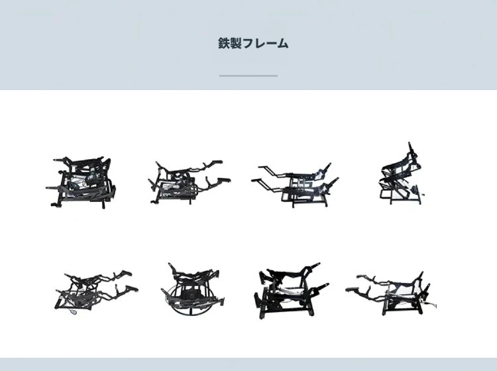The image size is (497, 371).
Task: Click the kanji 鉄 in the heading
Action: (x=223, y=43)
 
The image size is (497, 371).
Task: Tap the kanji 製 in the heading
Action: (x=235, y=43)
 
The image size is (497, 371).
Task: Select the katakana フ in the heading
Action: (x=247, y=43)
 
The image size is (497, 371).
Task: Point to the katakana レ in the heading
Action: (x=258, y=43)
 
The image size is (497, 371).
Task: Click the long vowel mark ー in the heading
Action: (x=270, y=44)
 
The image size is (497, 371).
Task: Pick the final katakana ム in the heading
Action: (x=282, y=43)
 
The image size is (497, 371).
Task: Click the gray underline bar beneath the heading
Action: (x=248, y=76)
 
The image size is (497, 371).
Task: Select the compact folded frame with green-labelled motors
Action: (x=81, y=182)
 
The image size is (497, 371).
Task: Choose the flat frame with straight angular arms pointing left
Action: (x=295, y=185)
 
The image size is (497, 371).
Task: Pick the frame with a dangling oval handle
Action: (x=95, y=292)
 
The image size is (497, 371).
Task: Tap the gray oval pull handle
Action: (x=74, y=312)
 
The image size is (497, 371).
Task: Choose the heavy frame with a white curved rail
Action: (x=291, y=291)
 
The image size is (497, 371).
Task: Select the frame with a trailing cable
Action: (x=390, y=293)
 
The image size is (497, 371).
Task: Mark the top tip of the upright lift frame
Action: (x=410, y=143)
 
